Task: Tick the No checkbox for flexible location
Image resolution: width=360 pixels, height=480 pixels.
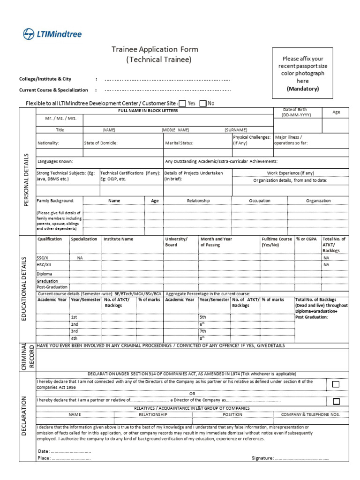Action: (x=203, y=103)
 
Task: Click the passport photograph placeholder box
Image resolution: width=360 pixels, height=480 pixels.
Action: (x=302, y=74)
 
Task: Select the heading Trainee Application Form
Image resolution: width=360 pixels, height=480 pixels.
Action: (x=155, y=49)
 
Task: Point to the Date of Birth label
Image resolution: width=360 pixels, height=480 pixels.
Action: (x=295, y=112)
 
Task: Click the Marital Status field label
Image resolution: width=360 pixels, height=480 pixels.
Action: (x=179, y=143)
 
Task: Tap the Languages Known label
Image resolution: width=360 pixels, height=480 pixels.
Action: (x=55, y=161)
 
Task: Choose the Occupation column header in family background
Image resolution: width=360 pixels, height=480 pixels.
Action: (x=260, y=201)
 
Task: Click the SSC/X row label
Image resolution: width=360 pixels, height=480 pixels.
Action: (x=43, y=258)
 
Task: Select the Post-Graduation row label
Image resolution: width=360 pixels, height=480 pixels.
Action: (x=52, y=287)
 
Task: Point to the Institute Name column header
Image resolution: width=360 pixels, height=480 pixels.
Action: (x=118, y=239)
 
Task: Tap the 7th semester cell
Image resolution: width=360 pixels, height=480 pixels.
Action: (x=203, y=331)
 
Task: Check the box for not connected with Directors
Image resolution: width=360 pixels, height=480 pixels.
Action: (x=336, y=384)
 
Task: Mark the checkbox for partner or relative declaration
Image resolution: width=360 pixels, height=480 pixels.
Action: (x=336, y=401)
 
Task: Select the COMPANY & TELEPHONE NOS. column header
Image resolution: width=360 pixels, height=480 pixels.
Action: (x=310, y=415)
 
